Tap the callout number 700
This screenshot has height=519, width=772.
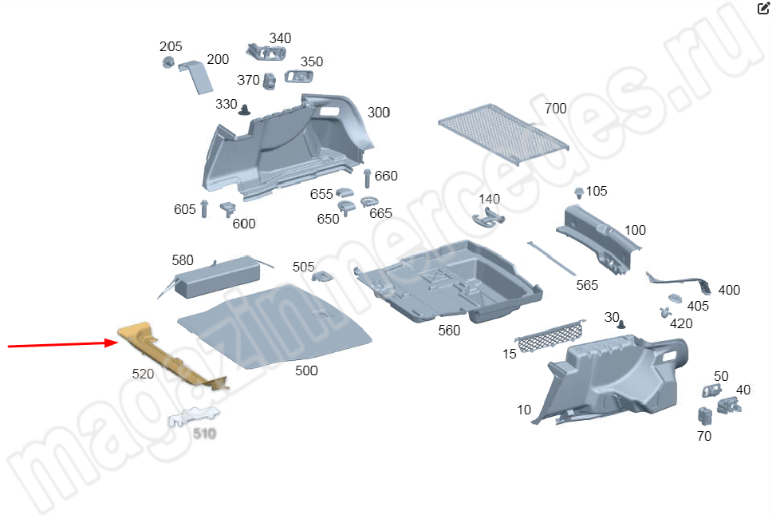coord(555,109)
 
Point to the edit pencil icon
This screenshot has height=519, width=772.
coord(762,8)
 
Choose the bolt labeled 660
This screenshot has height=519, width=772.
coord(367,178)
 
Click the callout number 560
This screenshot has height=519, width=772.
coord(449,331)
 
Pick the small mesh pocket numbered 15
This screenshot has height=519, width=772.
coord(550,336)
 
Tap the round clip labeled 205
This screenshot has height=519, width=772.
coord(168,62)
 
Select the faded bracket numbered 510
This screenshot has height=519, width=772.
coord(192,416)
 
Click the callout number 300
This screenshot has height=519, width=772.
coord(379,113)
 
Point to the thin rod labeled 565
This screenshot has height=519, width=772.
coord(551,258)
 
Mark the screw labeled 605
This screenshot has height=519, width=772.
coord(204,209)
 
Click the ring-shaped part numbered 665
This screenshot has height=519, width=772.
coord(368,201)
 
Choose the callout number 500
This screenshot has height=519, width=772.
coord(306,370)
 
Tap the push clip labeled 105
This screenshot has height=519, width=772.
coord(579,192)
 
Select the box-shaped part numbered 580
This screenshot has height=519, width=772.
coord(217,276)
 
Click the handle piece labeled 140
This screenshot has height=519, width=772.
coord(488,217)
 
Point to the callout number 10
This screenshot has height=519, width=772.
coord(524,410)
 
